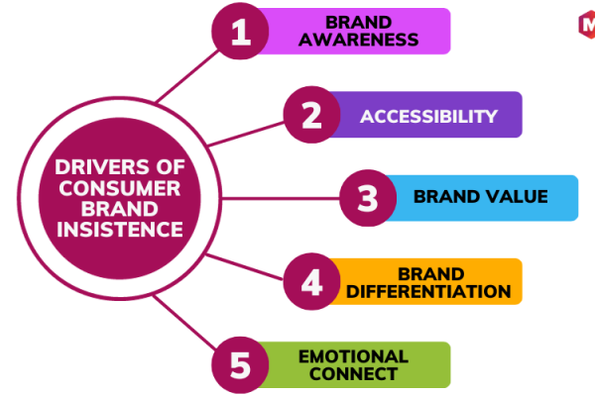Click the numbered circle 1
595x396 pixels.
pyautogui.click(x=240, y=31)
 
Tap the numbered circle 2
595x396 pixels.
pyautogui.click(x=311, y=115)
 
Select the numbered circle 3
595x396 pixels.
pyautogui.click(x=368, y=198)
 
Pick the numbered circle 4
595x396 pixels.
pyautogui.click(x=311, y=281)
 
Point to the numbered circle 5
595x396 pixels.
pyautogui.click(x=240, y=365)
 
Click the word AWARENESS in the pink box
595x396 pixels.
pyautogui.click(x=359, y=40)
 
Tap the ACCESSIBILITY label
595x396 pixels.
pyautogui.click(x=428, y=117)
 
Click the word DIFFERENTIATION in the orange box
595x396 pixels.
pyautogui.click(x=428, y=291)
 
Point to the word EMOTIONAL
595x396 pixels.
pyautogui.click(x=353, y=356)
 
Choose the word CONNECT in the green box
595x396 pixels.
pyautogui.click(x=353, y=374)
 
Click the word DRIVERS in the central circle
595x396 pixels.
pyautogui.click(x=99, y=167)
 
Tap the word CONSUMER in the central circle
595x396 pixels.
pyautogui.click(x=120, y=188)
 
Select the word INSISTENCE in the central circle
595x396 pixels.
pyautogui.click(x=120, y=230)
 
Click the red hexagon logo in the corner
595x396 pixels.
pyautogui.click(x=587, y=25)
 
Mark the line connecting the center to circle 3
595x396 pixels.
pyautogui.click(x=281, y=198)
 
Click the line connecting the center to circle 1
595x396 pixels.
pyautogui.click(x=187, y=76)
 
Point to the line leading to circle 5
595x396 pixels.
pyautogui.click(x=184, y=323)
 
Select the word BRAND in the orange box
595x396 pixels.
pyautogui.click(x=431, y=274)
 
